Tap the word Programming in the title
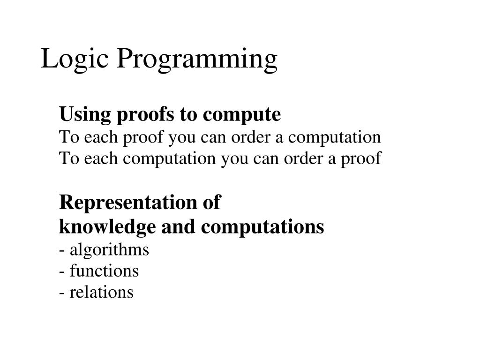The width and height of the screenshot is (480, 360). pos(197,60)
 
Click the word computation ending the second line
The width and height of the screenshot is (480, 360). pos(334,137)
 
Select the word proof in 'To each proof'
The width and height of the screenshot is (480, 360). pos(142,137)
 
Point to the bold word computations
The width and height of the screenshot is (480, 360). pos(262,227)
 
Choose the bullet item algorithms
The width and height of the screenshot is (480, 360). pos(109,249)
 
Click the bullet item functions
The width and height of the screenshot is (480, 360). pos(104,271)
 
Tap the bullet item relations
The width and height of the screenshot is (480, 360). pos(101,292)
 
